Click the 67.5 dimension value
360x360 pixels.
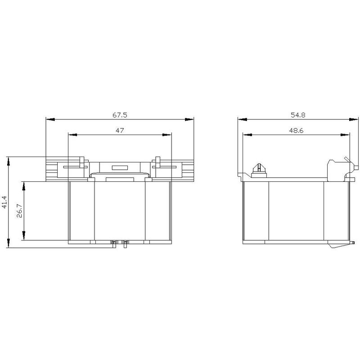tap(120, 115)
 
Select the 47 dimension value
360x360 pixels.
tap(120, 130)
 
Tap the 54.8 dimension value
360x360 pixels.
tap(298, 115)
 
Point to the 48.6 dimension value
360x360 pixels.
tap(296, 130)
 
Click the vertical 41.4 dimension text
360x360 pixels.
tap(5, 202)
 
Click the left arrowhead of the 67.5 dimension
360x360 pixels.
tap(50, 119)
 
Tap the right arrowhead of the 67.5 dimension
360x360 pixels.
tap(189, 119)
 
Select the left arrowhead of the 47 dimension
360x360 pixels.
tap(73, 135)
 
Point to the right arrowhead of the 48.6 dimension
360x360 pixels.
tap(346, 135)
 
